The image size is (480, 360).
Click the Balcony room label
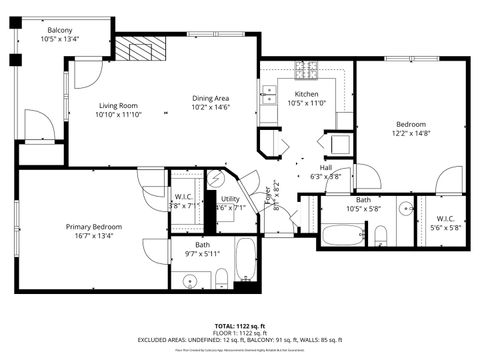point(59,30)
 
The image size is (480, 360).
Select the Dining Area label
point(211,98)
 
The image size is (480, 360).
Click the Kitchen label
point(306,94)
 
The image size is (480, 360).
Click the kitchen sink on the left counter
point(268,96)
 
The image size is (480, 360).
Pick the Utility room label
point(229,199)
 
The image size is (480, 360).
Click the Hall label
point(326,168)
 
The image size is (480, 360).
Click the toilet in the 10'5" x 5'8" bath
point(381,235)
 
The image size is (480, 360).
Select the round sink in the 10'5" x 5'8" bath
point(405,209)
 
